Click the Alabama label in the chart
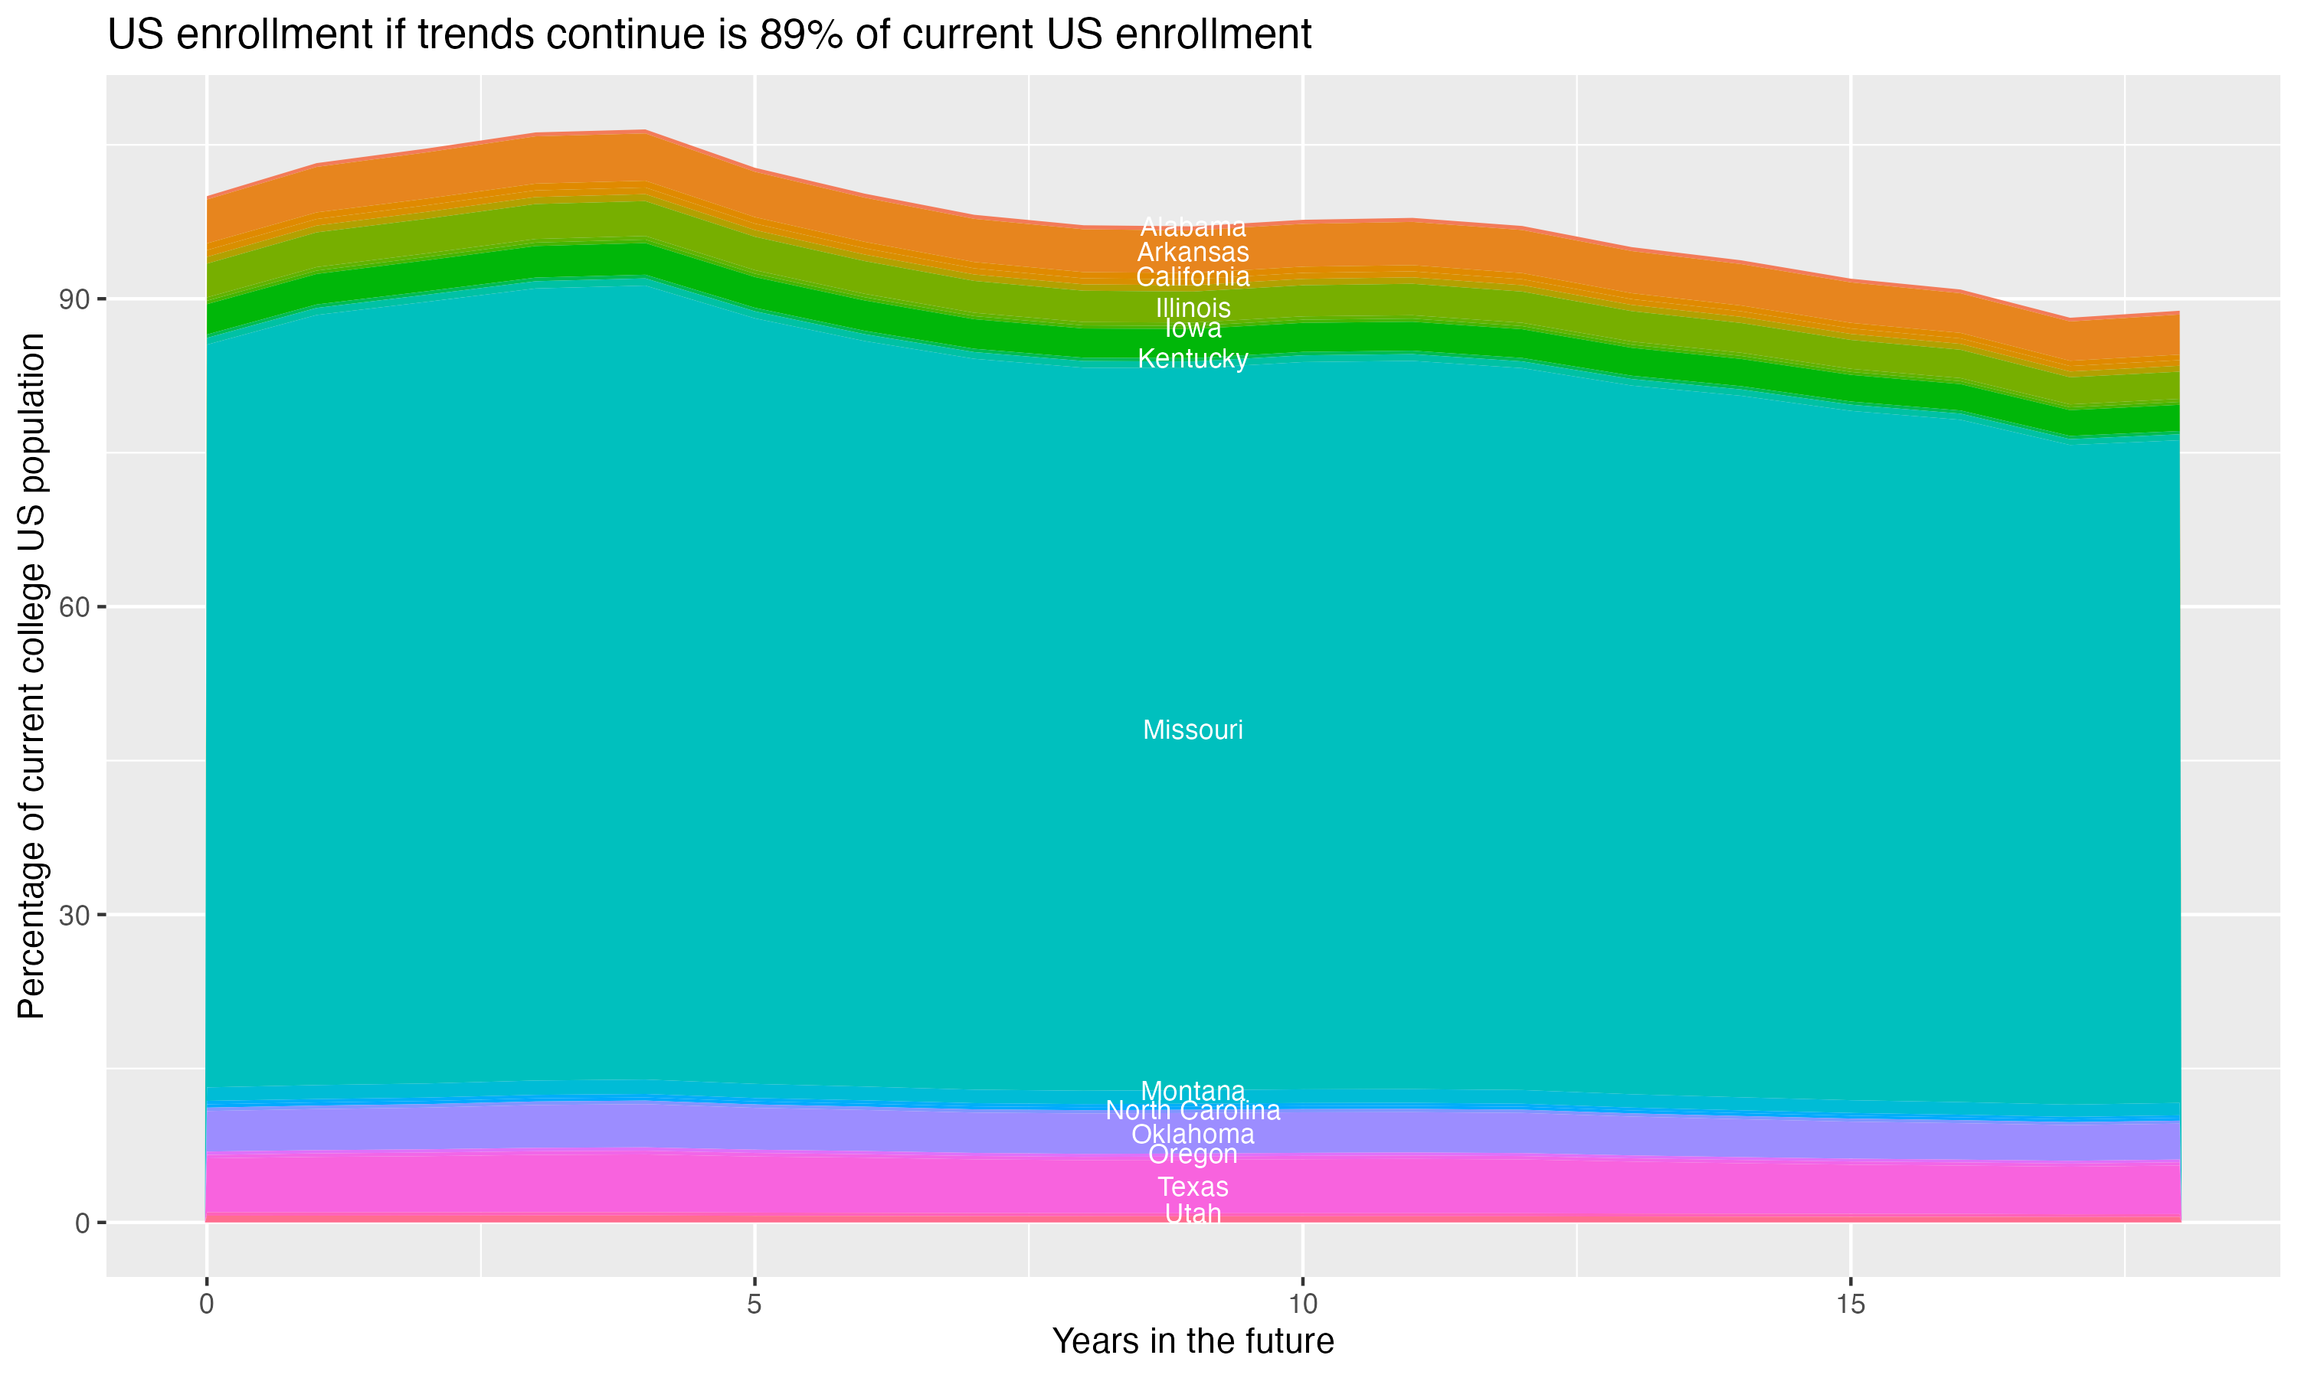[1193, 227]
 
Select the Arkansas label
[1193, 253]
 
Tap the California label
[1193, 276]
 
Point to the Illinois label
[1193, 307]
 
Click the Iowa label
[1193, 328]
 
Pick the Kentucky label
[1193, 358]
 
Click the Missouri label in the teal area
[1193, 730]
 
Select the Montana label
[1193, 1091]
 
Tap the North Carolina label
[1193, 1111]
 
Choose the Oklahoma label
[1193, 1135]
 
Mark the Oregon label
[1193, 1154]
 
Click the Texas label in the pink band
[1193, 1187]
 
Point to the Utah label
[1193, 1213]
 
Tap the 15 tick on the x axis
[1851, 1305]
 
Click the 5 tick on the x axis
[755, 1305]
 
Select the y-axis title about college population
[31, 676]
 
